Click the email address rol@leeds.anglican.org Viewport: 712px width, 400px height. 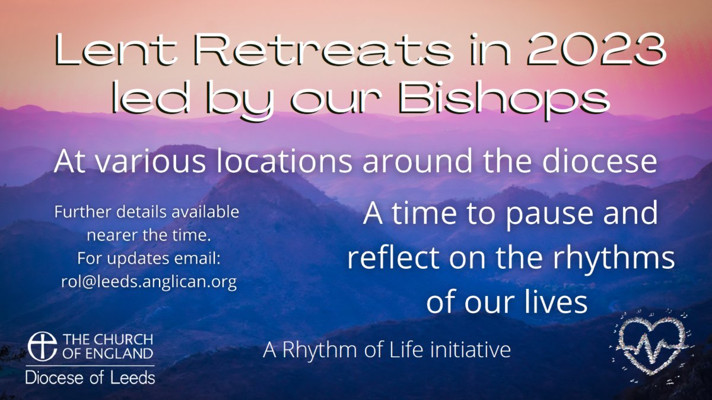(149, 282)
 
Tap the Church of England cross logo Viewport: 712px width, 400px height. (42, 347)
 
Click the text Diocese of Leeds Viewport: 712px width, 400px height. (90, 377)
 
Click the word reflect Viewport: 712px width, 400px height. (395, 257)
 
